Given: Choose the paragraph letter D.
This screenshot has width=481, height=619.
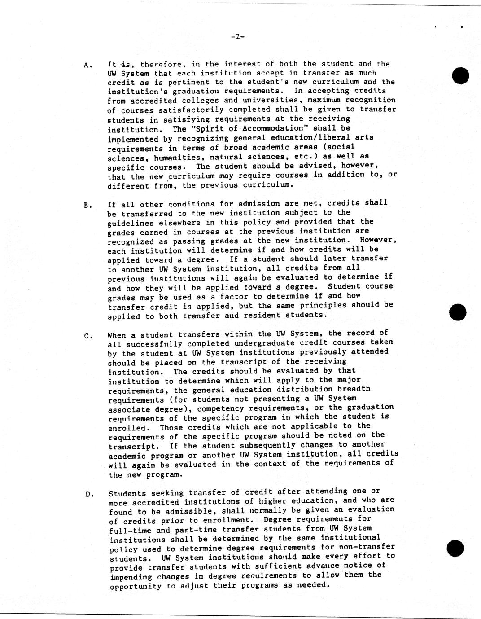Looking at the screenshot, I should coord(89,495).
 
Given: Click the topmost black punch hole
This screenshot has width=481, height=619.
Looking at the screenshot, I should coord(460,75).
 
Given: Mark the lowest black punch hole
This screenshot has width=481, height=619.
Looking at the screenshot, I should coord(455,548).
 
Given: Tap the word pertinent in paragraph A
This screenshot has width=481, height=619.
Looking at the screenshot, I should coord(190,82).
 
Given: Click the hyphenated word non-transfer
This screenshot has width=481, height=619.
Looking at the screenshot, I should coord(366,547).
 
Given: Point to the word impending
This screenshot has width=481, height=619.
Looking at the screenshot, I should coord(130,576).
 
